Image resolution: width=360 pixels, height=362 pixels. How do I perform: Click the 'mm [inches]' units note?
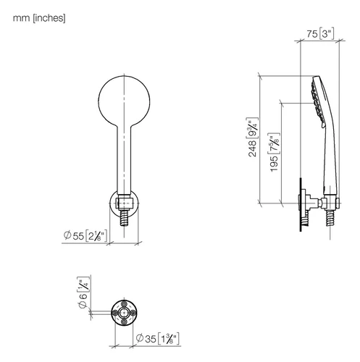coord(39,18)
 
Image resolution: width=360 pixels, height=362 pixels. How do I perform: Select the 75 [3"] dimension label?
coord(321,34)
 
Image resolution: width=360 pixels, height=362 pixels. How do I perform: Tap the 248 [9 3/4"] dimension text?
coord(252,138)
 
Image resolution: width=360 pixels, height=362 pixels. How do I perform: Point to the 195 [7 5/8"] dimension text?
coord(274,152)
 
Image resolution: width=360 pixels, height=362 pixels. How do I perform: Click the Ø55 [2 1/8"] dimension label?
coord(85,235)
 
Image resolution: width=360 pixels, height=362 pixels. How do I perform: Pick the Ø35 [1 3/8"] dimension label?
coord(158,338)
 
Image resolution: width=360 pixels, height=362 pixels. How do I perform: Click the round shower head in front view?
coord(124,101)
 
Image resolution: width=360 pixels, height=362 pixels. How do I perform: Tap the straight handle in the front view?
coord(124,159)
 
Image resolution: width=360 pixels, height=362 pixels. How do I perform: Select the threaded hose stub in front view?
coord(124,217)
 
